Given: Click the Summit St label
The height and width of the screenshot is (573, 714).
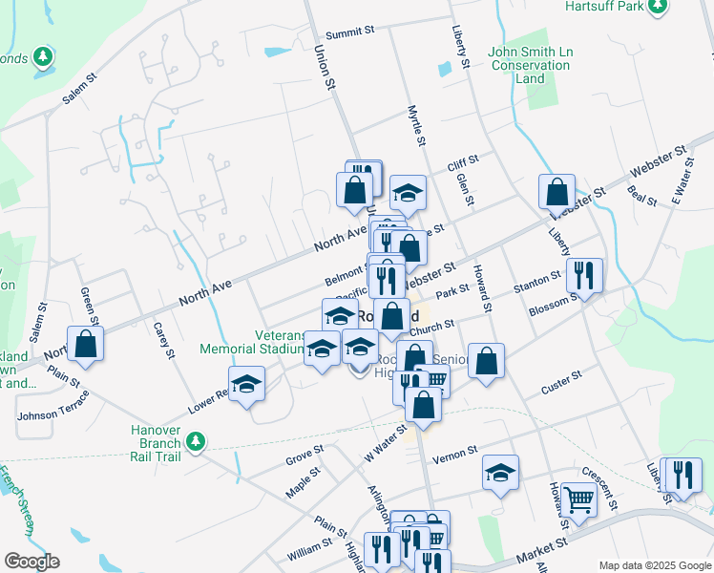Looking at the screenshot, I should click(x=349, y=33).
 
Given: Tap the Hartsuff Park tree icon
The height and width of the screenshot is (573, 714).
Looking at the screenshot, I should click(x=657, y=7).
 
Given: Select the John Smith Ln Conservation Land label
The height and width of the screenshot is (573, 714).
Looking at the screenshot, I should click(x=530, y=66).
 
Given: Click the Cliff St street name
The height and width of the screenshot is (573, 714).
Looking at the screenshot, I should click(x=463, y=165).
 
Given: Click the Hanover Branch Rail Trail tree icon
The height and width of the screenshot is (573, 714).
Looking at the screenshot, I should click(x=196, y=441).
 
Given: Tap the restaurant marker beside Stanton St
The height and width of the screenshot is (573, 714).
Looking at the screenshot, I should click(x=584, y=275).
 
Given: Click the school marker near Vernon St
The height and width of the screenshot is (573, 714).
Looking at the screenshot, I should click(x=500, y=473).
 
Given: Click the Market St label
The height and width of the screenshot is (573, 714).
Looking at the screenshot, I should click(x=541, y=551).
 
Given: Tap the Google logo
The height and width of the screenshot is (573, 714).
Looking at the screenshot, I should click(x=31, y=562).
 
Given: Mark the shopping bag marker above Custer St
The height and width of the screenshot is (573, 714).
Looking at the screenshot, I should click(x=486, y=361).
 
